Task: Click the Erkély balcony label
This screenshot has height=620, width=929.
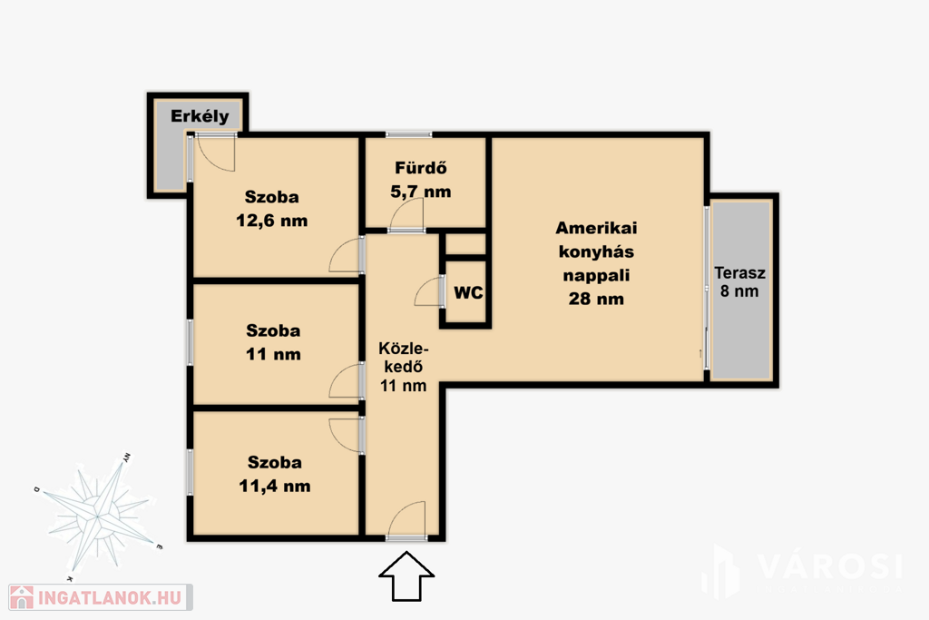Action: tap(200, 116)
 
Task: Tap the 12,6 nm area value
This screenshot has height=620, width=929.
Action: tap(272, 221)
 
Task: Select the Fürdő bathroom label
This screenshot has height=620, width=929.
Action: tap(421, 168)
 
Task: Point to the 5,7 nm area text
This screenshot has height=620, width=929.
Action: tap(421, 192)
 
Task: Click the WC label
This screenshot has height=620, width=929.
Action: tap(468, 293)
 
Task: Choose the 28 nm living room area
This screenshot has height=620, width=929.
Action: tap(596, 299)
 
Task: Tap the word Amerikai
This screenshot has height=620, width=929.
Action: tap(596, 228)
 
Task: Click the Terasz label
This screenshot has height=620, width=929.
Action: tap(739, 273)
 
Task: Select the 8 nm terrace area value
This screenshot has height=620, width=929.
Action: tap(739, 291)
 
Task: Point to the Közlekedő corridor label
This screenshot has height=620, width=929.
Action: tap(403, 358)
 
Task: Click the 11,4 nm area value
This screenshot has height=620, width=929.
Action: tap(274, 486)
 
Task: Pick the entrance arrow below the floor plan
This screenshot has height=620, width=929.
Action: tap(406, 576)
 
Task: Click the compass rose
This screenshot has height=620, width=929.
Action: tap(98, 517)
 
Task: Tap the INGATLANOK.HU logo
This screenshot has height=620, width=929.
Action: tap(101, 597)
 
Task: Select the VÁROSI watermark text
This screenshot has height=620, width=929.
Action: tap(829, 566)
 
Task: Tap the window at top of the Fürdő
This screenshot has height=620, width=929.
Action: tap(409, 134)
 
